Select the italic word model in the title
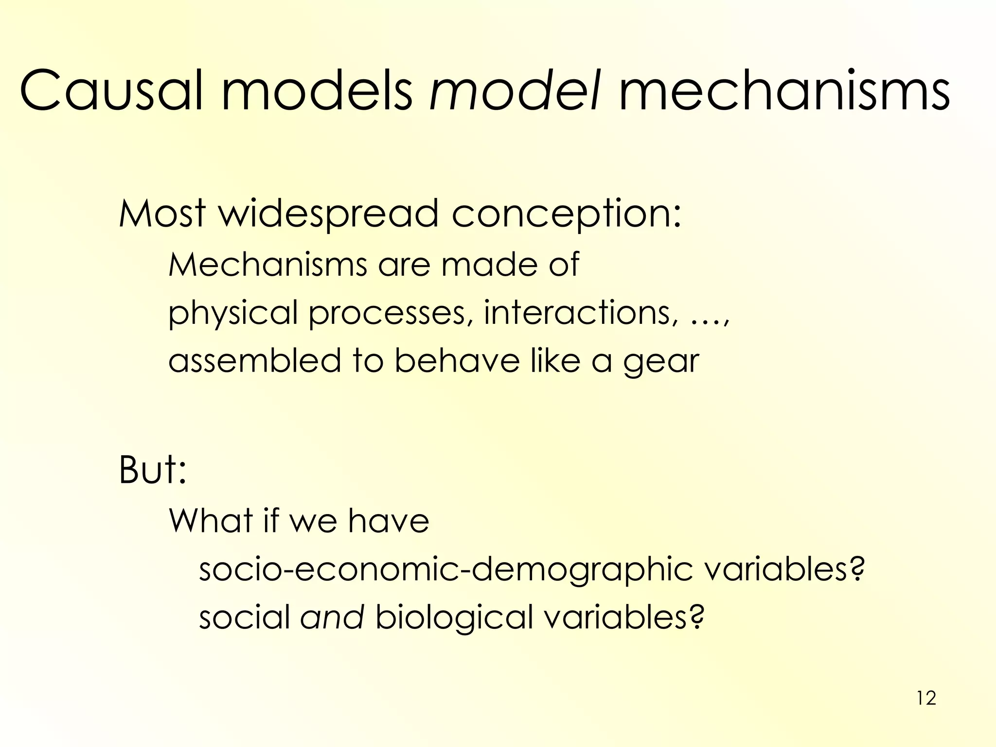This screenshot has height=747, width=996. click(514, 91)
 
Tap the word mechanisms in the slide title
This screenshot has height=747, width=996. click(784, 91)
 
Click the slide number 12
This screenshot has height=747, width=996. click(926, 698)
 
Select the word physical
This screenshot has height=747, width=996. click(233, 314)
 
